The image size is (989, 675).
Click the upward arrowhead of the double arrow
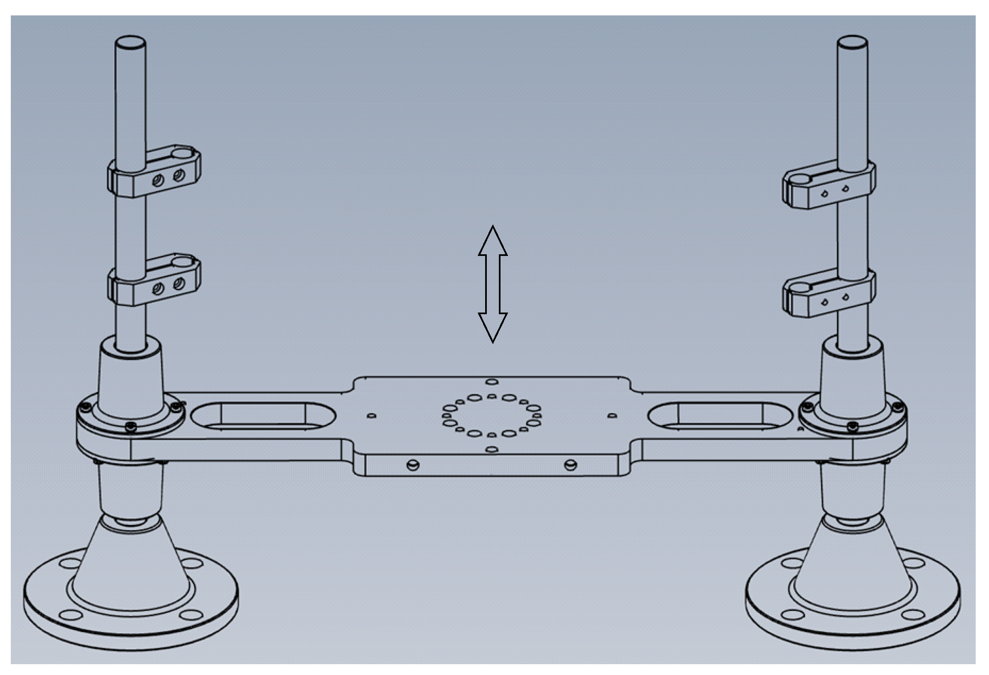click(x=492, y=243)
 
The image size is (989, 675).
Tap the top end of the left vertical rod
click(x=130, y=43)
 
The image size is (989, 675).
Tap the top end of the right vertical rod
click(x=852, y=42)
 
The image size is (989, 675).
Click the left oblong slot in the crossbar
click(x=263, y=415)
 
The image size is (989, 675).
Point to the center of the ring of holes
click(x=491, y=416)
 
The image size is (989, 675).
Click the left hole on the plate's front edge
click(x=412, y=464)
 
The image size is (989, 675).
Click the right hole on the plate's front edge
click(x=570, y=464)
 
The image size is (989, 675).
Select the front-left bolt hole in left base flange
click(x=67, y=615)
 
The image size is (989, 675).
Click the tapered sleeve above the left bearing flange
click(x=130, y=379)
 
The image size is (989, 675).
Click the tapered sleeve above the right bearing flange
click(x=852, y=379)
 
